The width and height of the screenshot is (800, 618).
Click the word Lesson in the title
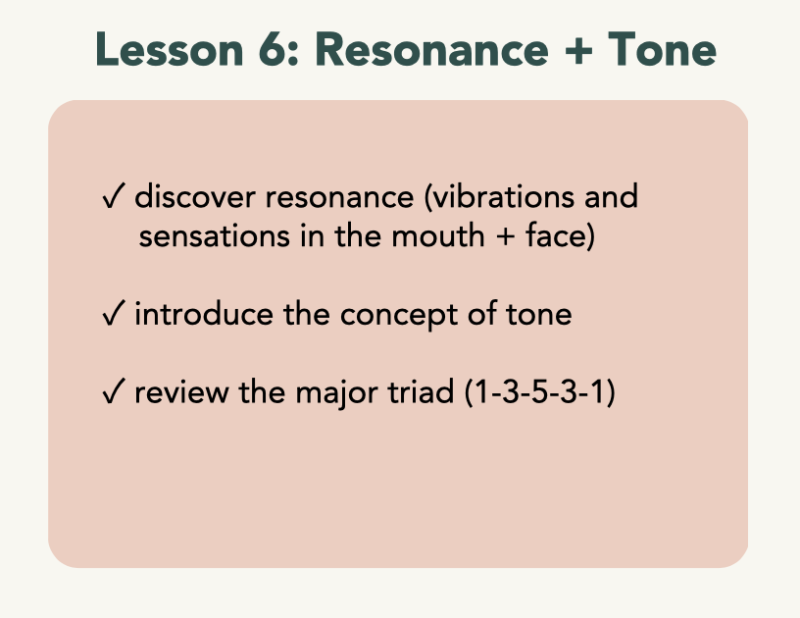tap(170, 49)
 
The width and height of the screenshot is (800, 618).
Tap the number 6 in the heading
tap(273, 49)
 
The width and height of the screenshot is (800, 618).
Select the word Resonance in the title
tap(432, 49)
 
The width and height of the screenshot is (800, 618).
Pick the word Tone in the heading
tap(662, 49)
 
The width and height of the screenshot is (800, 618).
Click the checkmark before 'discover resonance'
tap(114, 196)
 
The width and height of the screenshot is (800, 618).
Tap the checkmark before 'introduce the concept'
tap(114, 313)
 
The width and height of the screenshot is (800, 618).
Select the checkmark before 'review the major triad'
tap(114, 391)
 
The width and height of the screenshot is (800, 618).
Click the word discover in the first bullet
tap(195, 196)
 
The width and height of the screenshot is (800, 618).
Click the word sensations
tap(215, 236)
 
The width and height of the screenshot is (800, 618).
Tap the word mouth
tap(438, 236)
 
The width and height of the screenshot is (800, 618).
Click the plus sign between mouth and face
tap(505, 237)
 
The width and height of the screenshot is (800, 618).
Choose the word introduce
tap(204, 314)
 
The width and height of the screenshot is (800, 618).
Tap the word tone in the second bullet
tap(539, 315)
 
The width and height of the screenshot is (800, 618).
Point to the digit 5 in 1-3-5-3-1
tap(539, 392)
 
